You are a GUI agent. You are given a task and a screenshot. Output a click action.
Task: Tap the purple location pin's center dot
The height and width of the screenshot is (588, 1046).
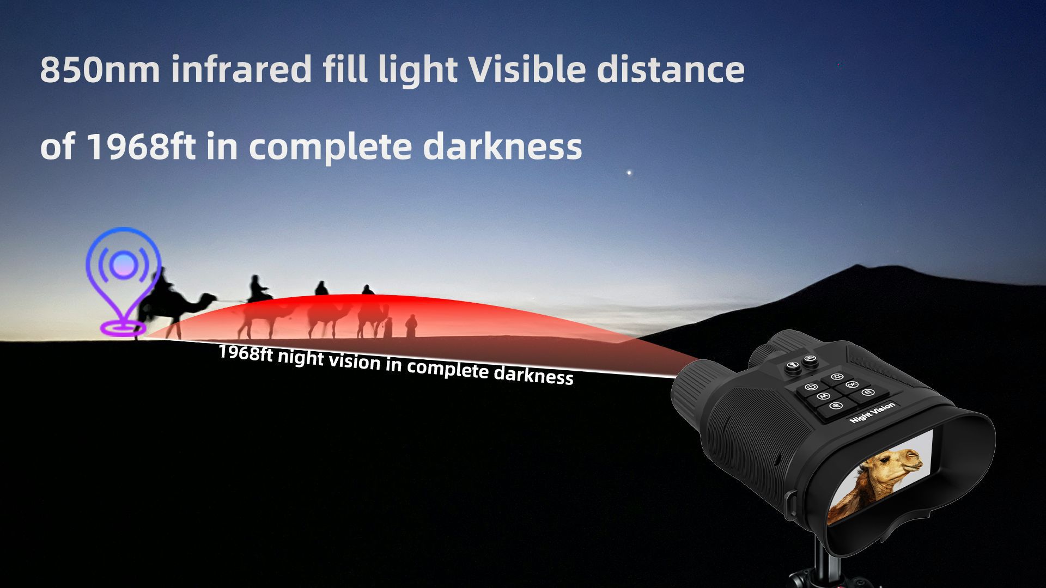(124, 265)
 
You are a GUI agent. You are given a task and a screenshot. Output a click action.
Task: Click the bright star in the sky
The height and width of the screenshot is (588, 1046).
(629, 173)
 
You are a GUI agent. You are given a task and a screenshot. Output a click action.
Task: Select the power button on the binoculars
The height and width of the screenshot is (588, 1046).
(810, 387)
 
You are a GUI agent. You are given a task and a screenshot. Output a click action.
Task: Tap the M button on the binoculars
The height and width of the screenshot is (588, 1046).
(823, 396)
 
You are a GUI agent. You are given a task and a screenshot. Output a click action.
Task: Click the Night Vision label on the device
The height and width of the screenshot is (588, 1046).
(872, 412)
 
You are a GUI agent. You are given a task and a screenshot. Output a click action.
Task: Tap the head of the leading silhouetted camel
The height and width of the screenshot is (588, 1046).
(208, 298)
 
